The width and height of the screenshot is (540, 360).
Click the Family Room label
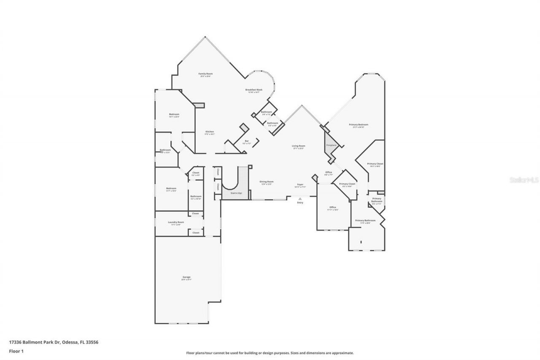click(x=205, y=74)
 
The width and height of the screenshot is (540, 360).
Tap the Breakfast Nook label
click(x=254, y=90)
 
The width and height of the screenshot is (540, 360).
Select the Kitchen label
click(x=210, y=132)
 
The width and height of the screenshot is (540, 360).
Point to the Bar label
click(x=247, y=141)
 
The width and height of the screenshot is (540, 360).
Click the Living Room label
click(x=298, y=146)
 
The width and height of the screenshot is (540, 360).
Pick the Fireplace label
click(x=332, y=145)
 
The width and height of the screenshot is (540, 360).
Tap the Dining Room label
click(x=266, y=181)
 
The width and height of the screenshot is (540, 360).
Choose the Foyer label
click(x=300, y=184)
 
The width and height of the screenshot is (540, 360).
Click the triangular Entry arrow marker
click(x=300, y=199)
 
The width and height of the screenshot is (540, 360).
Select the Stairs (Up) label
click(x=236, y=193)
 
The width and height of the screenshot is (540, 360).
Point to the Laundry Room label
click(x=176, y=222)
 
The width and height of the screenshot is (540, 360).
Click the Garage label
click(x=186, y=277)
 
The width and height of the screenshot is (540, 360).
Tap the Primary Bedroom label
click(x=358, y=125)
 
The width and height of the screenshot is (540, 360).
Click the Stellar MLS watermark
click(x=524, y=180)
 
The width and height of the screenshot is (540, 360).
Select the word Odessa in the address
click(x=69, y=342)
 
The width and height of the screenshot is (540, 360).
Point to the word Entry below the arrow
click(x=300, y=203)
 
